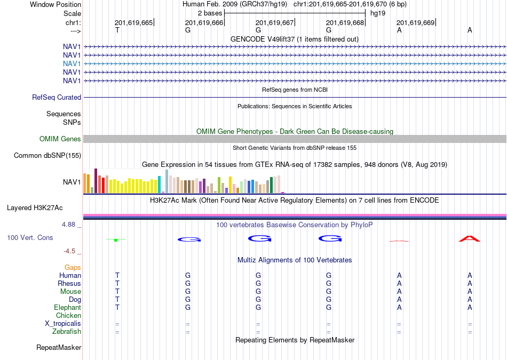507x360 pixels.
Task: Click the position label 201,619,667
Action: coord(274,22)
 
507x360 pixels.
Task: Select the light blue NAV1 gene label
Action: coord(72,63)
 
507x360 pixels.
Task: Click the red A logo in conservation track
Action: coord(470,239)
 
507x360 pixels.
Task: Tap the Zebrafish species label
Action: coord(67,331)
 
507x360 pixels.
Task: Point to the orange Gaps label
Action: coord(73,267)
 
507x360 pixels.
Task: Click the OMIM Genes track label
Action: coord(60,139)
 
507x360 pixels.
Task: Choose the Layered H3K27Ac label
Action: coord(35,208)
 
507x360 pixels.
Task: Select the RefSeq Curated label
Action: coord(57,97)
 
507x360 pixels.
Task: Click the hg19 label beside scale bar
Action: coord(378,13)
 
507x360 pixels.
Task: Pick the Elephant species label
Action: coord(68,307)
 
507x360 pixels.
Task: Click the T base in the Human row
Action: coord(117,275)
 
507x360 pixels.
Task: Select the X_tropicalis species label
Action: coord(63,324)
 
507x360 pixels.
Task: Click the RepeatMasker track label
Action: coord(59,347)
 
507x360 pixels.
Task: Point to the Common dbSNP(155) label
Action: coord(47,155)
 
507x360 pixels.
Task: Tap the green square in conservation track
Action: coord(116,240)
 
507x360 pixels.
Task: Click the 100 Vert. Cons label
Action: coord(30,237)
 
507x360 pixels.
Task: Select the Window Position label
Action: coord(56,4)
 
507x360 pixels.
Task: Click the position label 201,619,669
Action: coord(416,22)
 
